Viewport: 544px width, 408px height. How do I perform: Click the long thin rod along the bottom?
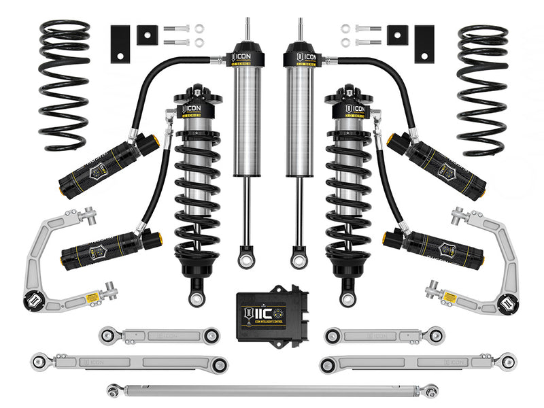tap(272, 390)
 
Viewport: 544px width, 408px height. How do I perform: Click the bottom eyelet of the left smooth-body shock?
tap(245, 259)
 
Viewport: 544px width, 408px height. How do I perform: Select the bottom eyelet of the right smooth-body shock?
tap(299, 259)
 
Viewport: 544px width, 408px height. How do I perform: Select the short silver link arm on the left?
tap(158, 335)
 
